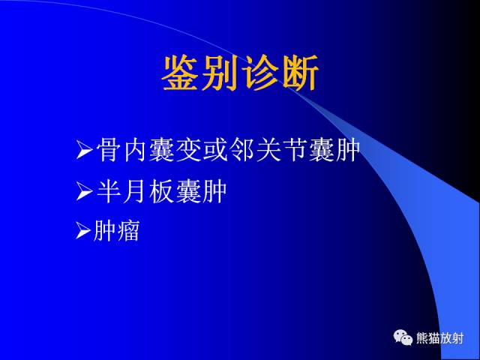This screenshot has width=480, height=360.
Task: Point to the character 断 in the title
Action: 301,73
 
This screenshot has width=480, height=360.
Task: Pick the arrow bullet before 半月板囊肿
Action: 84,193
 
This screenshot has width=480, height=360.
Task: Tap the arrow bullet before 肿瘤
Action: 84,232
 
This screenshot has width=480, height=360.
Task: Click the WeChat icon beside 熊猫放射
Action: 404,339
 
